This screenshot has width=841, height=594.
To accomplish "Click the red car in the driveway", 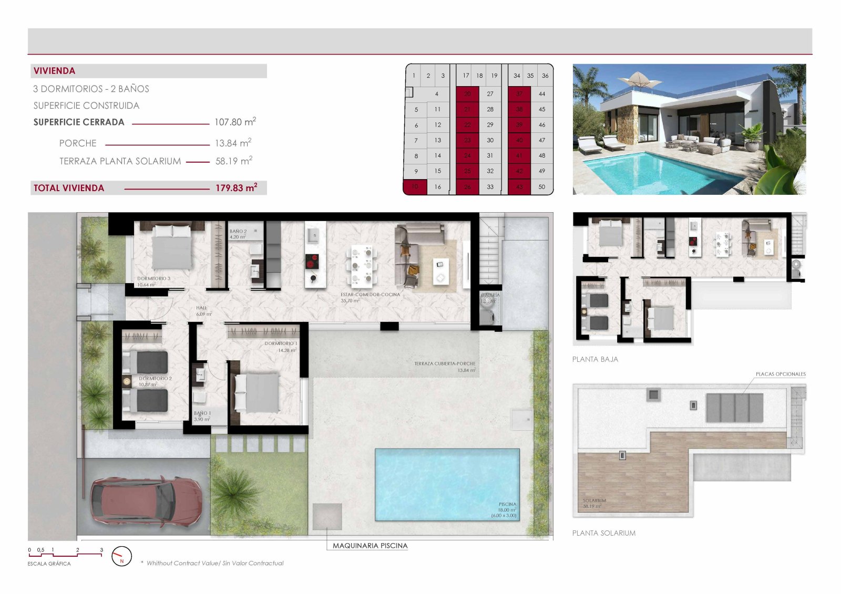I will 146,502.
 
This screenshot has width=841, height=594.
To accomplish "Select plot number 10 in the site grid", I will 415,186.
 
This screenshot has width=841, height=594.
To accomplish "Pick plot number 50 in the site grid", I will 542,186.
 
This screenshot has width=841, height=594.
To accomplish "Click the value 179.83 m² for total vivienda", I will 236,188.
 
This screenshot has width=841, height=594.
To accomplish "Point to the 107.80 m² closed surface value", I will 235,122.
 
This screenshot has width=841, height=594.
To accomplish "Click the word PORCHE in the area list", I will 78,143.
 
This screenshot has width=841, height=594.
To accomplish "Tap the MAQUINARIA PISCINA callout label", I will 370,546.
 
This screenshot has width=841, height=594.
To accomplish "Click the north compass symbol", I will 122,556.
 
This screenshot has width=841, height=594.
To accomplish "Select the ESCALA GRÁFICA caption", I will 49,564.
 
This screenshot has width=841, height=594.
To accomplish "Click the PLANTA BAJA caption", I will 595,359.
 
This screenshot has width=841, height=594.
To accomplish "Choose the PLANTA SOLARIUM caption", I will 604,533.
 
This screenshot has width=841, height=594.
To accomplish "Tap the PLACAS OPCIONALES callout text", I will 781,374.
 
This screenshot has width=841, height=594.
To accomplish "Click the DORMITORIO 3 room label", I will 153,279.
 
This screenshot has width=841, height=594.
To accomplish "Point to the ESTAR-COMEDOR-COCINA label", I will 370,295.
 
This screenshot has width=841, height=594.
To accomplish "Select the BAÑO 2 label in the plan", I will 238,232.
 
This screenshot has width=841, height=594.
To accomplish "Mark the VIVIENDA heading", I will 55,71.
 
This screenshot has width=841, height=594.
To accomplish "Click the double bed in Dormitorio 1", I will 258,392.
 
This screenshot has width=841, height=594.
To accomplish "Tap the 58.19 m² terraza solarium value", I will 234,161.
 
